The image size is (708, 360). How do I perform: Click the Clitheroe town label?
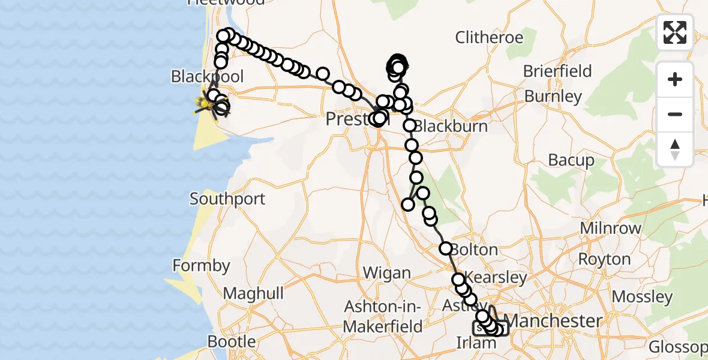click(489, 38)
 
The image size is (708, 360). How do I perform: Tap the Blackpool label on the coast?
click(207, 77)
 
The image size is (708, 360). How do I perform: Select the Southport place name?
click(227, 199)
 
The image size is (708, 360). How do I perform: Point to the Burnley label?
click(553, 96)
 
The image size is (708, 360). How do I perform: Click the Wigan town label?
click(387, 274)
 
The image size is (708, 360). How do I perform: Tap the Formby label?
click(201, 265)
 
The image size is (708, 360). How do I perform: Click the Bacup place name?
click(571, 161)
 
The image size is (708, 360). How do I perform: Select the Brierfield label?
click(557, 71)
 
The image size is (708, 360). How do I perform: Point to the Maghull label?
click(253, 293)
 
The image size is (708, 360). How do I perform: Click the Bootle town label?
click(232, 341)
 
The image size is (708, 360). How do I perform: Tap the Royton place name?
click(604, 259)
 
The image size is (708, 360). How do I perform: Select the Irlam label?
click(476, 343)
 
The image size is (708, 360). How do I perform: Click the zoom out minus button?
click(675, 115)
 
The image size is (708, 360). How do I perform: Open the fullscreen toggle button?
click(675, 32)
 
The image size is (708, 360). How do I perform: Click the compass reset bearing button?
click(675, 149)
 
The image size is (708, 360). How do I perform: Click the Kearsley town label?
click(496, 278)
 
